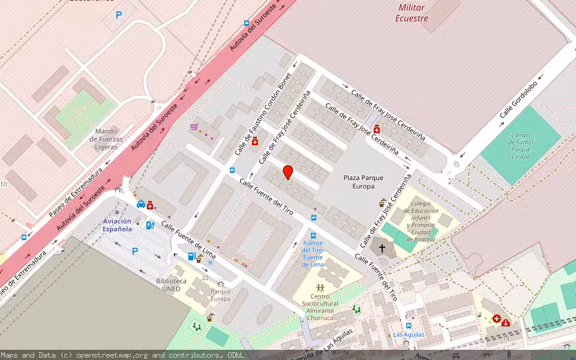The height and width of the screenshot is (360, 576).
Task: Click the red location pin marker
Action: click(287, 172)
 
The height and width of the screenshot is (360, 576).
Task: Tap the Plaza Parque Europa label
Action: click(363, 182)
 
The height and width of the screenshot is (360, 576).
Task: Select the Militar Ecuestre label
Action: click(412, 13)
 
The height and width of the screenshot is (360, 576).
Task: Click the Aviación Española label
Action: click(117, 225)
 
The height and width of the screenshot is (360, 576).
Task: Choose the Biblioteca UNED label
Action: click(171, 284)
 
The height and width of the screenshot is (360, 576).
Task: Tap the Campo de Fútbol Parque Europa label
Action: click(520, 146)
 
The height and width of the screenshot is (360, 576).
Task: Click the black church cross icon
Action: click(382, 247)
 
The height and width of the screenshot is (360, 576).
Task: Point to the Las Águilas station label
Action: click(409, 334)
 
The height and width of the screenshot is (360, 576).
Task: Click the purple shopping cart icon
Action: click(194, 127)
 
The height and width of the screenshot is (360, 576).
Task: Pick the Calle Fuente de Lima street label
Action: click(188, 242)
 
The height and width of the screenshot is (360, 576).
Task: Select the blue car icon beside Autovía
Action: click(141, 204)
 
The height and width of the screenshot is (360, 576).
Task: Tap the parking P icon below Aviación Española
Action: click(135, 251)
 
